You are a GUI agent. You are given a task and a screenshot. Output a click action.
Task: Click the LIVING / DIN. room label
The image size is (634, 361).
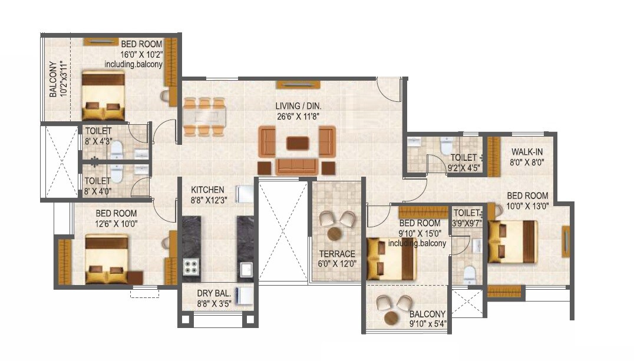click(x=299, y=106)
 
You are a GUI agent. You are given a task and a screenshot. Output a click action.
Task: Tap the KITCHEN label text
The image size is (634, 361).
click(x=207, y=190)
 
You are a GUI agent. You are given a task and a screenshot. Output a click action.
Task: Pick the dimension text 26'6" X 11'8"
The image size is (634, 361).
click(x=299, y=117)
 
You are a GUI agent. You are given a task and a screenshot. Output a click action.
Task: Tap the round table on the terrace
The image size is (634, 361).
click(x=334, y=233)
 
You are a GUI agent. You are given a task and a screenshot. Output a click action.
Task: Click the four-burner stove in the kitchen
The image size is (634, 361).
click(x=191, y=267)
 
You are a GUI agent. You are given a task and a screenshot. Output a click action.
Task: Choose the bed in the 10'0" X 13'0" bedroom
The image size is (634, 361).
click(x=512, y=241)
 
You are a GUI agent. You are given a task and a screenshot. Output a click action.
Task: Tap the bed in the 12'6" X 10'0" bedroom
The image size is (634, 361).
click(x=107, y=259)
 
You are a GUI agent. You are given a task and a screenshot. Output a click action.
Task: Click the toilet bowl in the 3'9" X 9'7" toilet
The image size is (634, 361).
click(x=469, y=274)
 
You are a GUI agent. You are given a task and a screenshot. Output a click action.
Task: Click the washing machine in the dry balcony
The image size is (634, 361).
click(x=245, y=294)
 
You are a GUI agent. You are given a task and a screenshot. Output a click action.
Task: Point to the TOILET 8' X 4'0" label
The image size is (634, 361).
click(x=97, y=186)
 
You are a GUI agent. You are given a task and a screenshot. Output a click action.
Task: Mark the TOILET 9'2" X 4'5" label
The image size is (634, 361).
click(x=464, y=163)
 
